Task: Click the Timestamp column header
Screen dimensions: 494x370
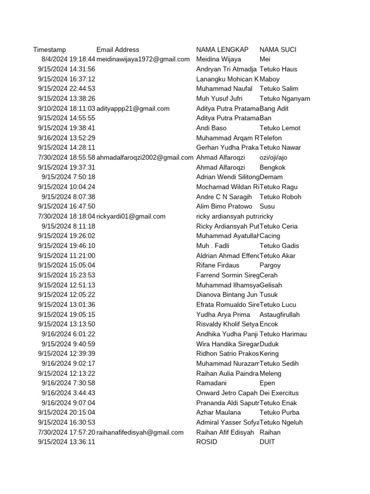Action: click(50, 50)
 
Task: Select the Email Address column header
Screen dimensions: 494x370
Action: click(118, 50)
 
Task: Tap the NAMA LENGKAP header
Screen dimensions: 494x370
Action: click(222, 50)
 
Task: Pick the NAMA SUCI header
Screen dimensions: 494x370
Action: click(277, 50)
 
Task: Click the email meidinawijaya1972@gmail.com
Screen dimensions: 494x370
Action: click(143, 59)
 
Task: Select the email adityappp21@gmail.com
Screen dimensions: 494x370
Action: click(133, 109)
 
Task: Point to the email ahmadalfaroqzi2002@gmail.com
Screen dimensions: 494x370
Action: click(145, 157)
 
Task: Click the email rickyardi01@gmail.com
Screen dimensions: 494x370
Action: click(131, 217)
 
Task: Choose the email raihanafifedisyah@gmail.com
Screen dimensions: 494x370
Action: click(140, 432)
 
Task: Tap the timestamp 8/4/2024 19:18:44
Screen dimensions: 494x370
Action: click(68, 59)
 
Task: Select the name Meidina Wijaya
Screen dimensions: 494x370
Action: click(219, 59)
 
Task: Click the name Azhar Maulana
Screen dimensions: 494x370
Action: click(219, 412)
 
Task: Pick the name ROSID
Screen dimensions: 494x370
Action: click(207, 442)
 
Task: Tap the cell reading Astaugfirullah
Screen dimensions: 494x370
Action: click(279, 315)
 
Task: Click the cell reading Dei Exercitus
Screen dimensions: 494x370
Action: click(279, 393)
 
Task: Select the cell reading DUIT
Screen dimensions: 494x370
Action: click(267, 442)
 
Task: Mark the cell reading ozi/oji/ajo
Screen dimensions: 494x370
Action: click(273, 157)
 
